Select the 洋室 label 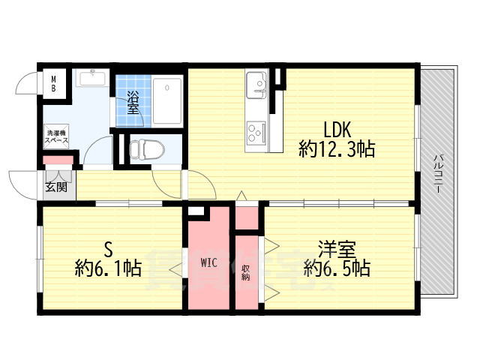[337, 248]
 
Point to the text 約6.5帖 [337, 268]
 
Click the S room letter [108, 248]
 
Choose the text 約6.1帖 [108, 268]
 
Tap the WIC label [208, 262]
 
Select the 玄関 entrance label [55, 187]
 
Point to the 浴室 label [133, 102]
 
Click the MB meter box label [53, 82]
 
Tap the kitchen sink [255, 82]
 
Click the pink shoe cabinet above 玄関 [58, 159]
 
